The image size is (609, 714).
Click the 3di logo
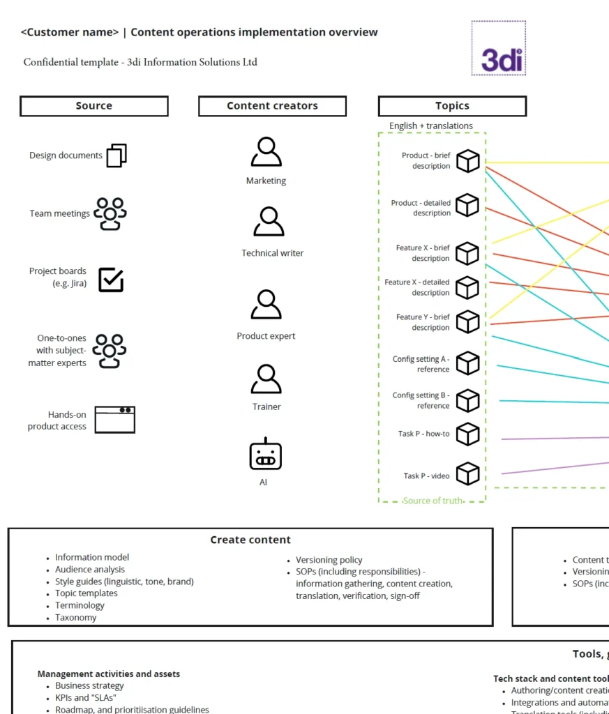[x=499, y=48]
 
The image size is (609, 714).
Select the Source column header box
[x=94, y=106]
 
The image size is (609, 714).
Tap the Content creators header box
[x=272, y=106]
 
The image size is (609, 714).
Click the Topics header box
[x=452, y=106]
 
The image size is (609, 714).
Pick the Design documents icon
[x=116, y=155]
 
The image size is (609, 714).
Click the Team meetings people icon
[x=110, y=213]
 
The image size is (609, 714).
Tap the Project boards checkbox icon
[x=111, y=280]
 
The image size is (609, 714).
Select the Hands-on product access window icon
[x=115, y=420]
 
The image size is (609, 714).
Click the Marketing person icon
[x=266, y=152]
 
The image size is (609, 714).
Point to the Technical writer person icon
[x=269, y=222]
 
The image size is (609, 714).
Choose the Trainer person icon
[x=266, y=379]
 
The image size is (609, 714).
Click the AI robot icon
[x=265, y=454]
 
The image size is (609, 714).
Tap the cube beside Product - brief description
[x=468, y=161]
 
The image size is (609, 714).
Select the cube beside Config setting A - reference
[x=468, y=363]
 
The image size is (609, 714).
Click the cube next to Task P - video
[x=468, y=474]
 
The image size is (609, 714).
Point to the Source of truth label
[x=433, y=501]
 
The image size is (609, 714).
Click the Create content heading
[x=250, y=540]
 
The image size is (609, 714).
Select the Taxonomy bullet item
[x=76, y=617]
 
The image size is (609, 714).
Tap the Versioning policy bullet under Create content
[x=329, y=560]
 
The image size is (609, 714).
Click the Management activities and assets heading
[x=109, y=674]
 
